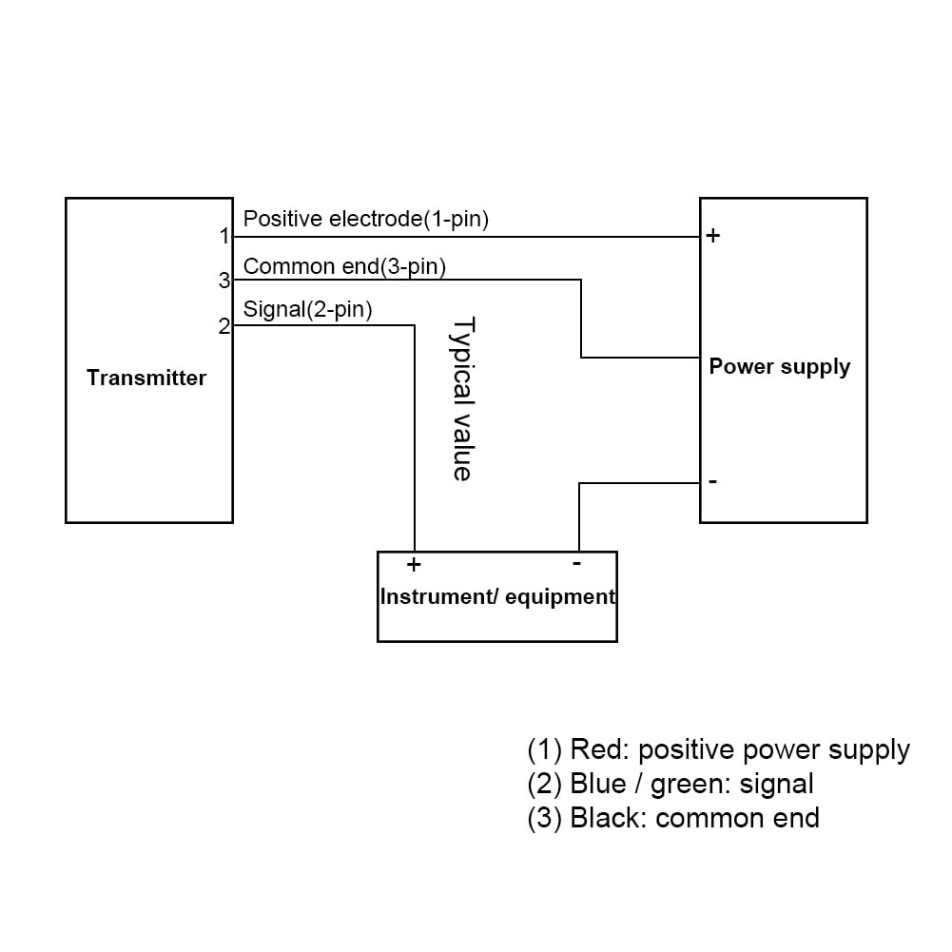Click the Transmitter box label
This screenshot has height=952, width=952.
(146, 379)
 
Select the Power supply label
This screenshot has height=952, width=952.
(779, 367)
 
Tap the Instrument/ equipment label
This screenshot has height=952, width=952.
(496, 597)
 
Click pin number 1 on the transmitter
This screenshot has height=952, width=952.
(224, 236)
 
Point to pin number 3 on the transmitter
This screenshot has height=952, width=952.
(224, 281)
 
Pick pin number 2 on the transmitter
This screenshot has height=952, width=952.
(224, 326)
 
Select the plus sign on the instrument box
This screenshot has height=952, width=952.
(414, 565)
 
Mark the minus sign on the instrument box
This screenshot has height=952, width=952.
(576, 563)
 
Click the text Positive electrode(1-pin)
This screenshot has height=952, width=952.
(366, 219)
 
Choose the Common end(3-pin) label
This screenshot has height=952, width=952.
(344, 266)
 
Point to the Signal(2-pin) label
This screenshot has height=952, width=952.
(307, 309)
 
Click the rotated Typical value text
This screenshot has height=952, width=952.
(462, 398)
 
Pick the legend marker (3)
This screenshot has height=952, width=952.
(544, 818)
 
